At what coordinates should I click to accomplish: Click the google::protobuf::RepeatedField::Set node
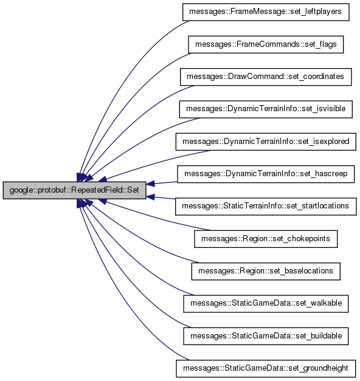click(x=74, y=190)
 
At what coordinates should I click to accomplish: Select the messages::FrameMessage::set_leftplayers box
click(x=266, y=12)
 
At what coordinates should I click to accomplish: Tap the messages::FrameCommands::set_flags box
click(x=266, y=44)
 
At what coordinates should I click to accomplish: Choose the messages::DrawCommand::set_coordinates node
click(x=266, y=77)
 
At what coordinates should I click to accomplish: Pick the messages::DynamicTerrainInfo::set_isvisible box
click(x=266, y=109)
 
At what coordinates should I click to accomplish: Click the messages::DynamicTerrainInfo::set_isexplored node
click(x=266, y=142)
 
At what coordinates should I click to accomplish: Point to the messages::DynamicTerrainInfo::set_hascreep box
click(x=266, y=174)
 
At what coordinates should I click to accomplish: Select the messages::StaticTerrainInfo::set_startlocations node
click(x=266, y=206)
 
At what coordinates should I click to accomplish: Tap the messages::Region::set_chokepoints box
click(x=266, y=239)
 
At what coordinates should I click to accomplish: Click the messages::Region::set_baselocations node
click(x=266, y=271)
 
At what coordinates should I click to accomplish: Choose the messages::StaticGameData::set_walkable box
click(x=266, y=303)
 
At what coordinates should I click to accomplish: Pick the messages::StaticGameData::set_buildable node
click(x=266, y=336)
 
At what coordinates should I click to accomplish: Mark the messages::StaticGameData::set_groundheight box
click(x=266, y=368)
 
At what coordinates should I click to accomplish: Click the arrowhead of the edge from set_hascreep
click(x=150, y=184)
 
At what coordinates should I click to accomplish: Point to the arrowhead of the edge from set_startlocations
click(x=150, y=197)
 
